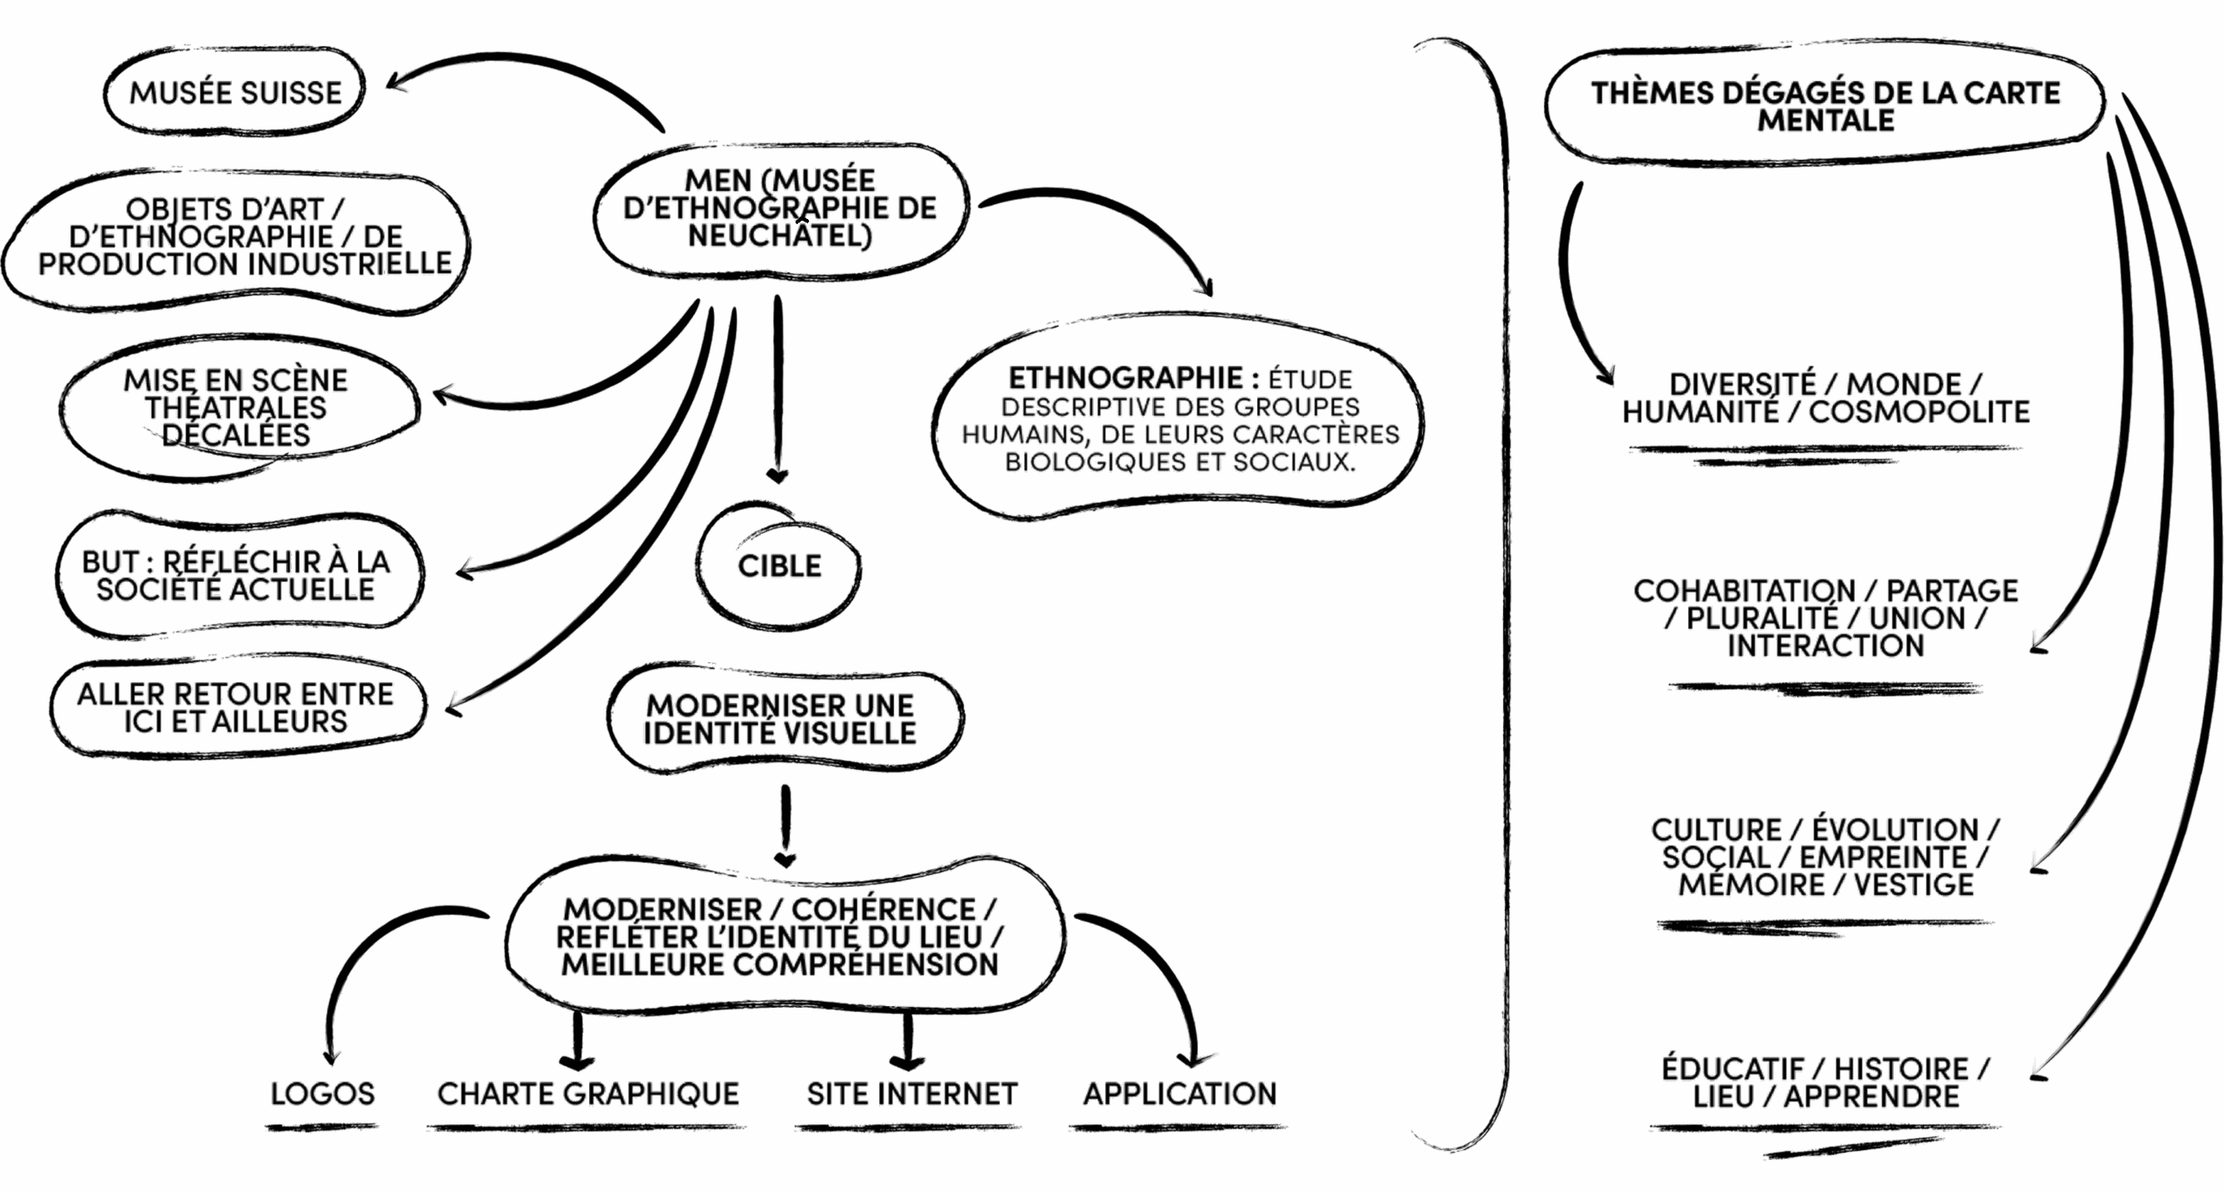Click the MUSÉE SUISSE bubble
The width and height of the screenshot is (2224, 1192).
click(235, 92)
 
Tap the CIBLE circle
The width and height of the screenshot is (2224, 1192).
click(779, 566)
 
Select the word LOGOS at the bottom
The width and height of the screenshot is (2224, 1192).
click(322, 1093)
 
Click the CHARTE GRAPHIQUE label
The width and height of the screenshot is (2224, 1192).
click(588, 1093)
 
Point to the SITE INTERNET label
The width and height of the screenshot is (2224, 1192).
click(911, 1093)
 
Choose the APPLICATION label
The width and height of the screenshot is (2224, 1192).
click(1179, 1093)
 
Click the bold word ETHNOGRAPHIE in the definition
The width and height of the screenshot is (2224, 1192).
click(1126, 378)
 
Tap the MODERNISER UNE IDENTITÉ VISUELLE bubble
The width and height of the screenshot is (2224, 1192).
click(779, 719)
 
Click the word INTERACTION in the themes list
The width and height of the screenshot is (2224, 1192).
click(1825, 646)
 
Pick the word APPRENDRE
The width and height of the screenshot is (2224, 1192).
click(1871, 1096)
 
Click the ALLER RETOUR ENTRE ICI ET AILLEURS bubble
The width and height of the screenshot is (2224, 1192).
click(235, 707)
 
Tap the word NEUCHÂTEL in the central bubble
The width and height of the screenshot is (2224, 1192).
click(779, 235)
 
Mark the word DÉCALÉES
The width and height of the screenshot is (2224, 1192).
click(235, 434)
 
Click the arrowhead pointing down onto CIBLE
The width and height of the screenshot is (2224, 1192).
click(778, 475)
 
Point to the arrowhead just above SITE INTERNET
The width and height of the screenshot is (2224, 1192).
click(907, 1062)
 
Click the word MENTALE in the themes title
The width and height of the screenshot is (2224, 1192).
click(1825, 120)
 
